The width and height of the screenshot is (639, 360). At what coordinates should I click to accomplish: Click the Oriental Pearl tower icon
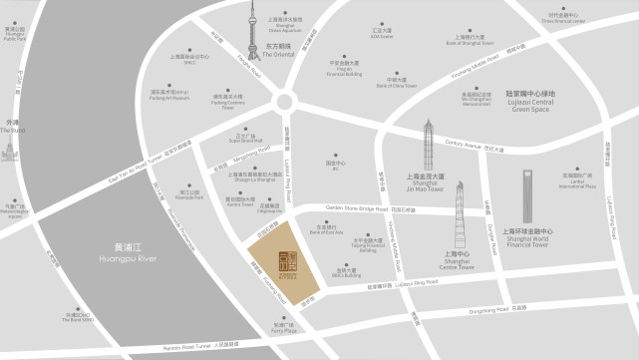click(x=253, y=34)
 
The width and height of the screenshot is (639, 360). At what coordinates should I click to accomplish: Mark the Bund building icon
click(x=12, y=148)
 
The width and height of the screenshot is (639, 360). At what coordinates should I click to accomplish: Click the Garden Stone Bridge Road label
click(x=365, y=208)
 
